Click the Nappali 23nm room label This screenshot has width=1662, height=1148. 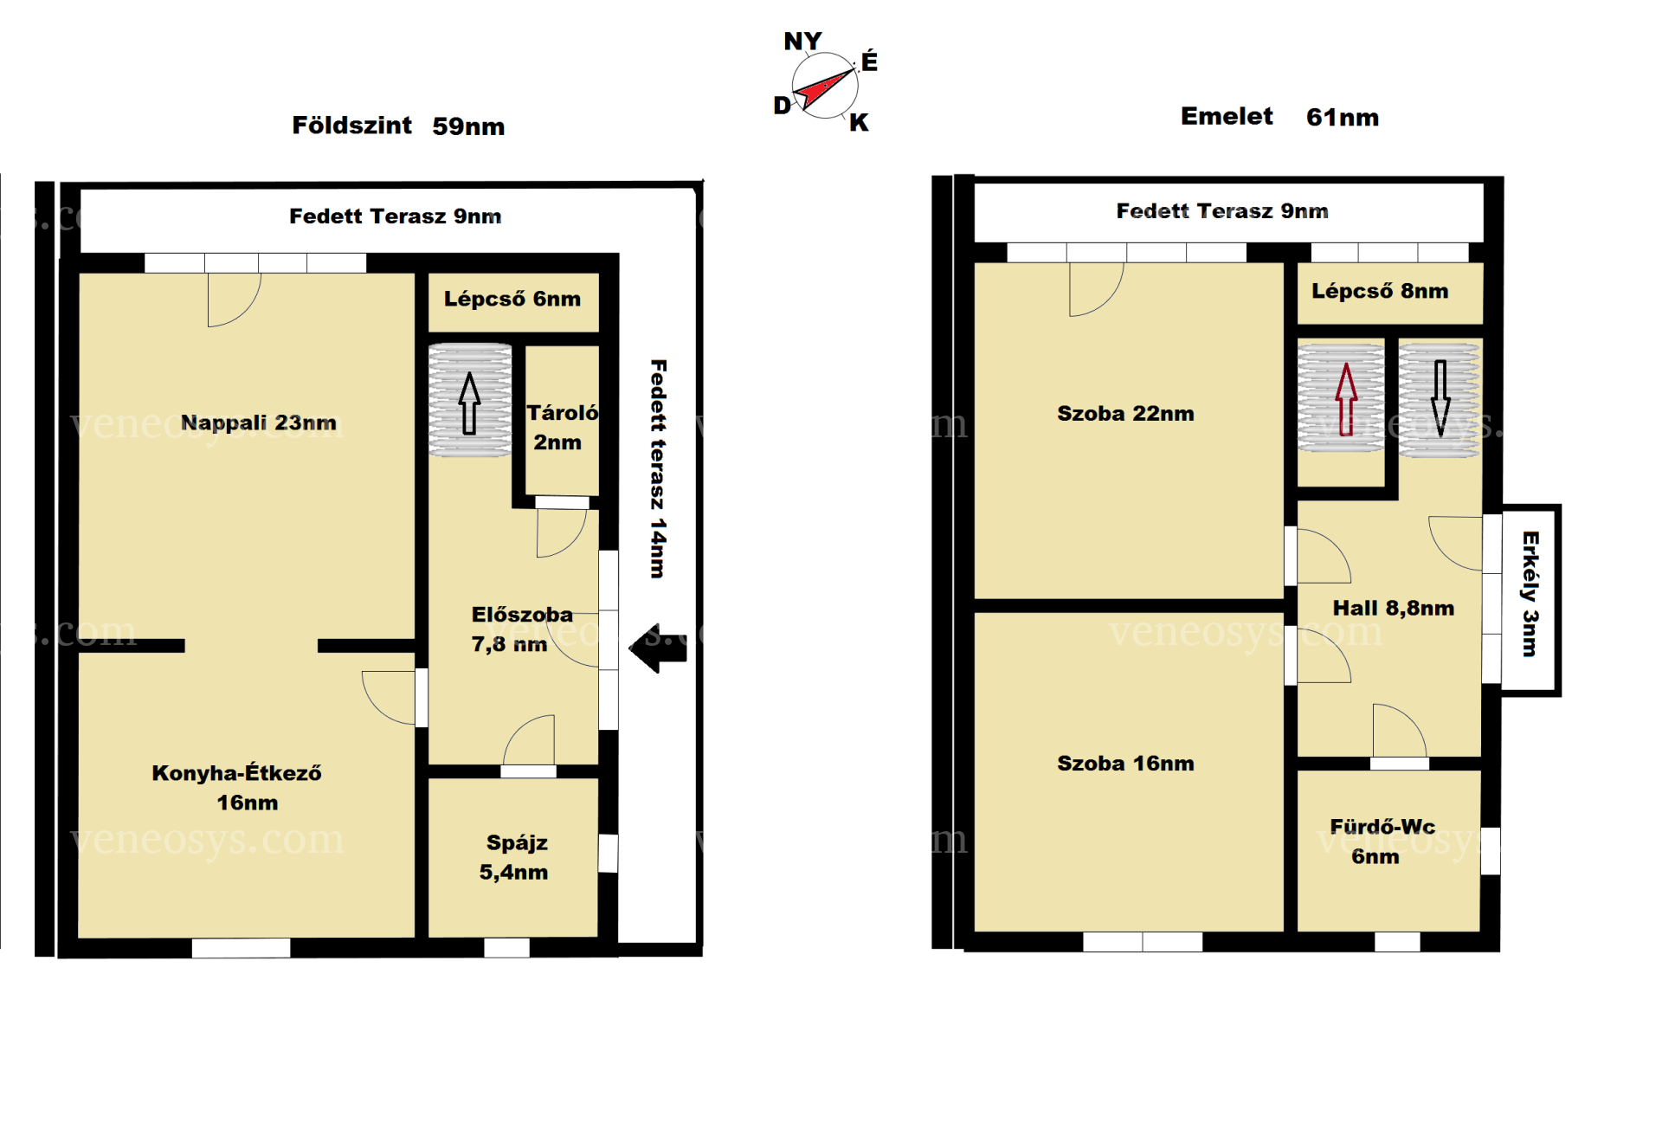coord(258,422)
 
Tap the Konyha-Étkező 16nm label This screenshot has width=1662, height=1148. coord(236,787)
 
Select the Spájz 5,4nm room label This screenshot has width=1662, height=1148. coord(514,857)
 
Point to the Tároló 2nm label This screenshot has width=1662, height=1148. coord(562,427)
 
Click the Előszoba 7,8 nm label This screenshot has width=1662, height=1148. coord(521,629)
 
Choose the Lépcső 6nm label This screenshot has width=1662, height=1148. coord(512,299)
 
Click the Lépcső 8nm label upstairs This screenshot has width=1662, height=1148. coord(1380,291)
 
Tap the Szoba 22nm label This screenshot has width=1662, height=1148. coord(1125,414)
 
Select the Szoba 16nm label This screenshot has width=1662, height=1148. coord(1125,764)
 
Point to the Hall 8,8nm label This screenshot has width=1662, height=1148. coord(1393,608)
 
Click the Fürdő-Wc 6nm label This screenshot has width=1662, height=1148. coord(1382,842)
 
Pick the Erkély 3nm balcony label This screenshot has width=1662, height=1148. coord(1530,594)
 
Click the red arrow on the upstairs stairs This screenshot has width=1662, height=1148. coord(1346,399)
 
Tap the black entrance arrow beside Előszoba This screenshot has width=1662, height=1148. coord(658,648)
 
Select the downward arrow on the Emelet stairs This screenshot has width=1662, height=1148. coord(1440,398)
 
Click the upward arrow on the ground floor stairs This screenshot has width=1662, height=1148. coord(469,403)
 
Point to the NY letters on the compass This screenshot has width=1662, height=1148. coord(802,41)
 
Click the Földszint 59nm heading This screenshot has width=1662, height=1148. coord(398,126)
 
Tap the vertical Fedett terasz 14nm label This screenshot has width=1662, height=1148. coord(658,468)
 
